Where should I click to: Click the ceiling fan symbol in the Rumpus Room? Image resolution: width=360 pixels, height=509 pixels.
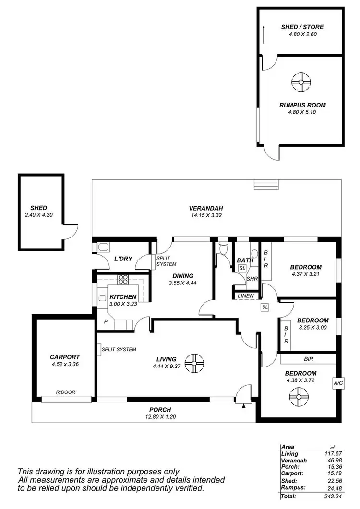(x=301, y=82)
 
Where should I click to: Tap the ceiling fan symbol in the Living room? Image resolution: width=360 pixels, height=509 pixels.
(x=194, y=363)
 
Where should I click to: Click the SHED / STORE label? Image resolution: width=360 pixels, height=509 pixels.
(x=302, y=27)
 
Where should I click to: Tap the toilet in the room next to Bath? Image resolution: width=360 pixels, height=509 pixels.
(x=222, y=248)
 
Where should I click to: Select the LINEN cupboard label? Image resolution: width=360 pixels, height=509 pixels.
(x=245, y=296)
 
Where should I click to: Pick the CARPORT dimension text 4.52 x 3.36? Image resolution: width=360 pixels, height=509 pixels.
(x=64, y=364)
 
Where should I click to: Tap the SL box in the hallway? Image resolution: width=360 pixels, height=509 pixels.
(x=264, y=307)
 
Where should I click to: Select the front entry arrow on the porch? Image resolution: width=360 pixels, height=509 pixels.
(x=244, y=406)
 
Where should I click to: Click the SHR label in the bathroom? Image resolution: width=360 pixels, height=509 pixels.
(x=252, y=278)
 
